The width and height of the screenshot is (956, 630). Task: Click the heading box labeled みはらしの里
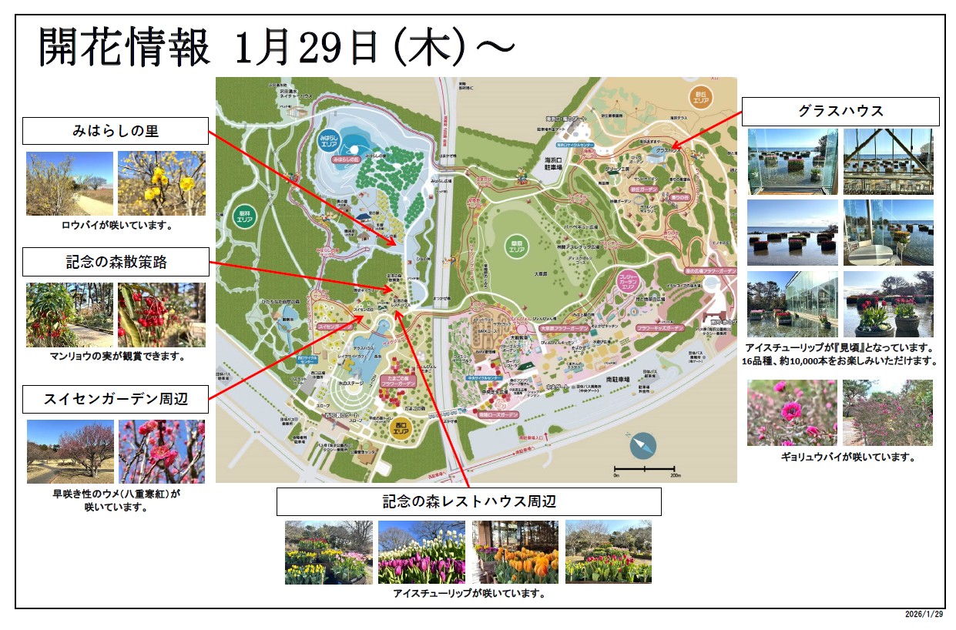click(x=115, y=131)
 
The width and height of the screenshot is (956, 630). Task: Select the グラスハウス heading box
click(x=840, y=112)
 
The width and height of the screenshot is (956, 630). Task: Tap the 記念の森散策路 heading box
click(x=116, y=262)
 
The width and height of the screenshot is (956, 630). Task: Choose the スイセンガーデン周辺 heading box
click(x=116, y=400)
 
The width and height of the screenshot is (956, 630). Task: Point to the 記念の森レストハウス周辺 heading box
click(x=468, y=502)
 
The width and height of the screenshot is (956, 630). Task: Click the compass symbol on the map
click(x=642, y=444)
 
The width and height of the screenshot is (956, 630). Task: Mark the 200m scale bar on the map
click(x=644, y=469)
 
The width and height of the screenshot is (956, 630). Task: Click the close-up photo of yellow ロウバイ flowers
click(x=162, y=183)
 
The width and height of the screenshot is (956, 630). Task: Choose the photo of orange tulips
click(x=515, y=551)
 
